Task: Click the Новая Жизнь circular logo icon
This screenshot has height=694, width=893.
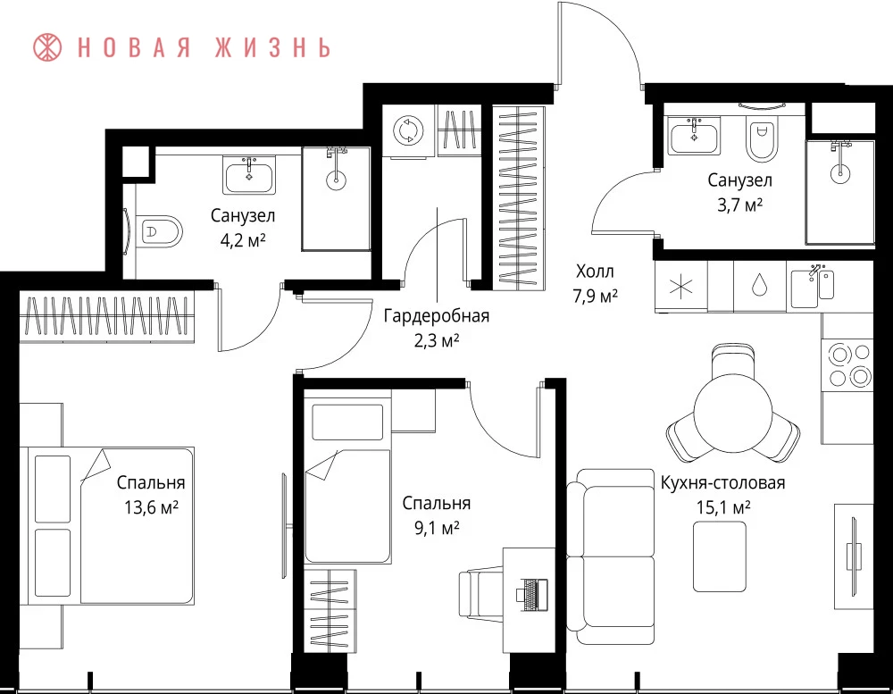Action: [x=47, y=47]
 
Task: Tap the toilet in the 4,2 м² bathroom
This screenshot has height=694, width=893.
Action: [x=158, y=231]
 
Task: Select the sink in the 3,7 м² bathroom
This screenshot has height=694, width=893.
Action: [x=694, y=136]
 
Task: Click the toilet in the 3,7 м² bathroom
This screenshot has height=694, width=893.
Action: [x=762, y=140]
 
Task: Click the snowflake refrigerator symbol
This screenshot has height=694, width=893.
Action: [x=681, y=286]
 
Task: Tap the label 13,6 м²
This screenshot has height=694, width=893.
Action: [x=152, y=506]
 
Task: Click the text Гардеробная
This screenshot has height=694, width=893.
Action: [x=437, y=315]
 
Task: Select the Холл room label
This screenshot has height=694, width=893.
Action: [x=595, y=271]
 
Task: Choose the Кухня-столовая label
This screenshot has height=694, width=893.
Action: [x=722, y=483]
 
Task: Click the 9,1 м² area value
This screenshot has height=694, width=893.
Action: [x=437, y=528]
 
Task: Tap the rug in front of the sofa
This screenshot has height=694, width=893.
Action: [x=719, y=556]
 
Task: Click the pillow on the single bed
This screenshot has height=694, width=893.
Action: [x=347, y=422]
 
